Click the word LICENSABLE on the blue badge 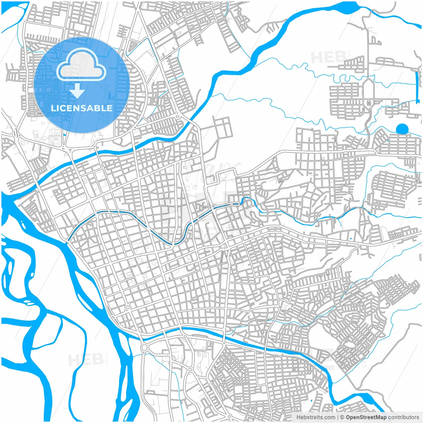click(81, 108)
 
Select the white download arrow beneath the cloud click(78, 91)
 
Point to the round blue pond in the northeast click(402, 129)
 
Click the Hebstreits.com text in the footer click(315, 417)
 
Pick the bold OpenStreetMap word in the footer click(366, 417)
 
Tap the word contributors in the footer click(404, 417)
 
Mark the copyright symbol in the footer click(342, 417)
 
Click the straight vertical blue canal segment click(416, 83)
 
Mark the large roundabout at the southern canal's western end click(145, 347)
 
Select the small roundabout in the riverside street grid click(128, 308)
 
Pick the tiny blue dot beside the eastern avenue click(350, 238)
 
